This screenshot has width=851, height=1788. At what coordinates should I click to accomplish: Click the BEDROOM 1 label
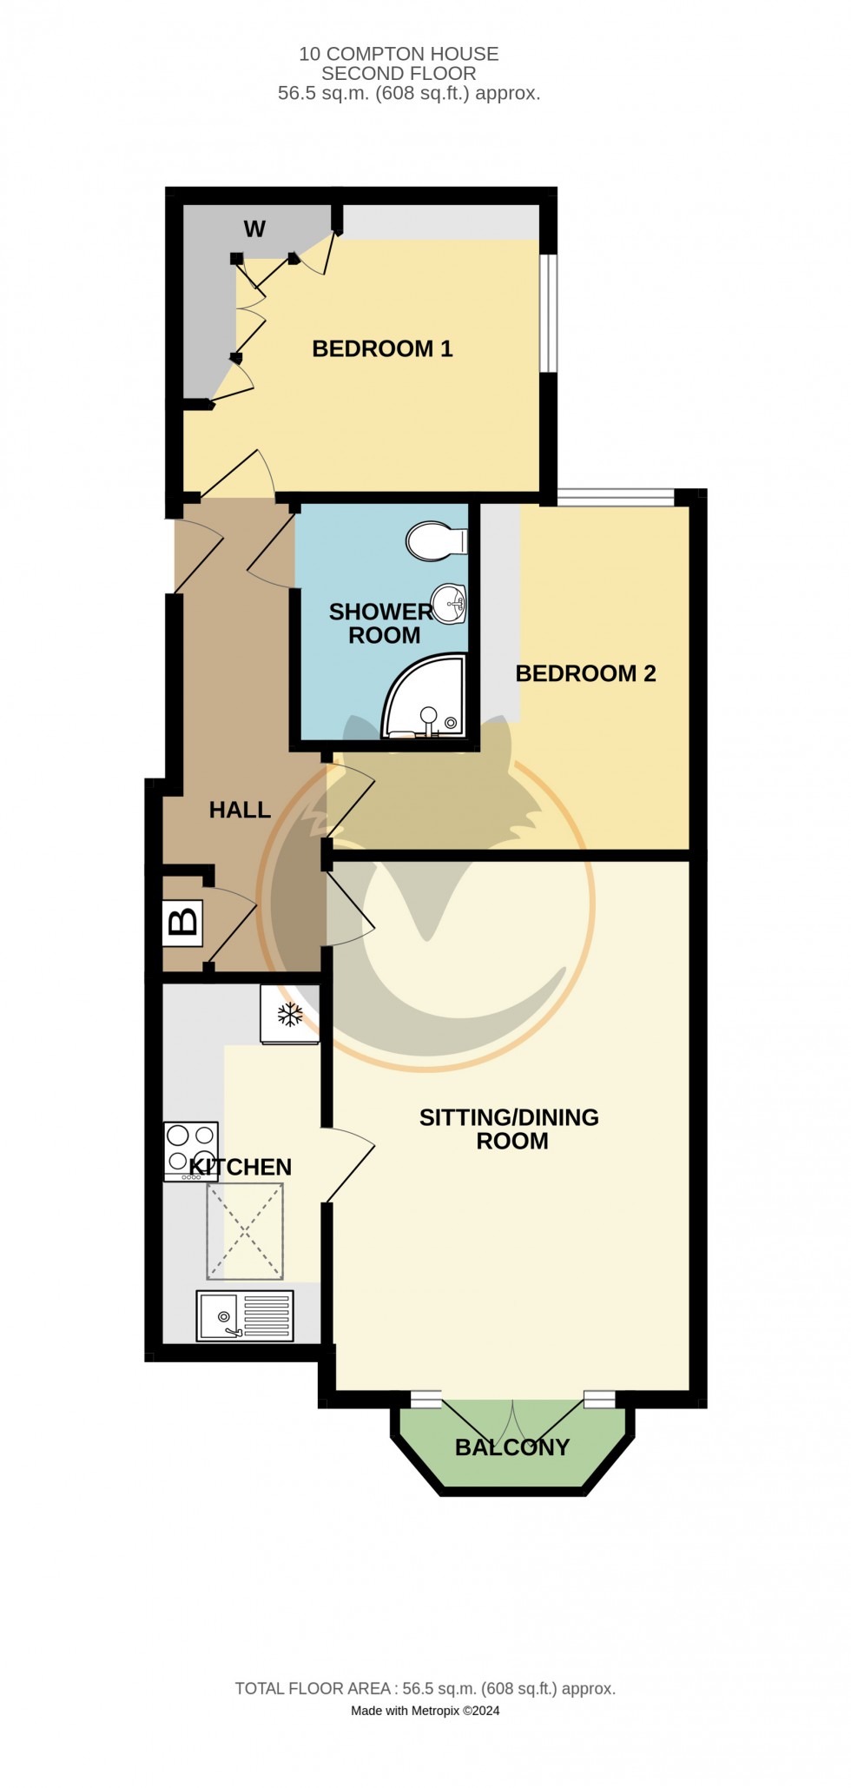click(x=382, y=349)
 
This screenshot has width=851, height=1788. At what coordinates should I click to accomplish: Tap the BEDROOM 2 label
click(x=585, y=673)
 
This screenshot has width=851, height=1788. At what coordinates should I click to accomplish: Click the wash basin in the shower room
click(x=450, y=602)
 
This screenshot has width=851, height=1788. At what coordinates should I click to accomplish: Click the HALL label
click(x=240, y=810)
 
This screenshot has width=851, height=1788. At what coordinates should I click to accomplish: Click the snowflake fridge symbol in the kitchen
click(x=289, y=1013)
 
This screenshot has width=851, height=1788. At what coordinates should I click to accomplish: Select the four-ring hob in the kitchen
click(x=191, y=1150)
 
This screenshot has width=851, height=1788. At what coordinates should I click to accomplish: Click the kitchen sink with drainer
click(x=245, y=1315)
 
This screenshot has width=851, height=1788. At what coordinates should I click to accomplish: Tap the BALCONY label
click(x=512, y=1447)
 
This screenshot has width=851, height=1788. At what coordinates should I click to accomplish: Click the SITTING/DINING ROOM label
click(x=510, y=1129)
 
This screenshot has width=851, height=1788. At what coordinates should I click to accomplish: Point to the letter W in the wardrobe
click(x=254, y=229)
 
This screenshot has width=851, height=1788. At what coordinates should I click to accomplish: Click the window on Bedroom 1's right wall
click(x=548, y=313)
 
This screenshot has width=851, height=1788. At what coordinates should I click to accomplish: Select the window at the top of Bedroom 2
click(x=615, y=497)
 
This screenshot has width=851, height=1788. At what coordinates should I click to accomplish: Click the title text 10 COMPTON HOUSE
click(x=399, y=54)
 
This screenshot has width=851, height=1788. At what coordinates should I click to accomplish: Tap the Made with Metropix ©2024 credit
click(x=425, y=1711)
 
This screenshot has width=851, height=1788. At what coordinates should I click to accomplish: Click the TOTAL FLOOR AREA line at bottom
click(x=425, y=1689)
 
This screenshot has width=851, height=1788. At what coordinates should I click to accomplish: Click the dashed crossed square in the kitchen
click(x=245, y=1232)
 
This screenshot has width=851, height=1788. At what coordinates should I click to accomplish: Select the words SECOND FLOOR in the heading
click(x=399, y=74)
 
